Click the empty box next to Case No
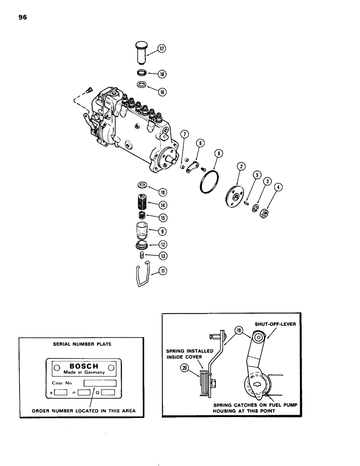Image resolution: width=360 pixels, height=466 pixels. click(99, 384)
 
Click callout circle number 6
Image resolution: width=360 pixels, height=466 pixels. click(200, 143)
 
